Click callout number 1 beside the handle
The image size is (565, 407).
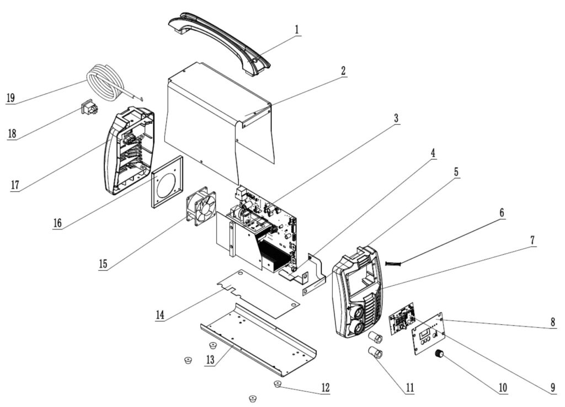point(297,28)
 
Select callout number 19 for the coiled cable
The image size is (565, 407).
point(10,98)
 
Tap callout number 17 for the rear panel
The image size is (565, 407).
point(15,184)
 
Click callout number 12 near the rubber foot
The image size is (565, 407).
point(325,388)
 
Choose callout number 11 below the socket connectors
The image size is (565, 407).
point(409,387)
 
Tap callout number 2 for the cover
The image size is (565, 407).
point(343,71)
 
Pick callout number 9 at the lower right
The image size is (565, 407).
point(552,388)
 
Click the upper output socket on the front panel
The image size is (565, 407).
point(358,313)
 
